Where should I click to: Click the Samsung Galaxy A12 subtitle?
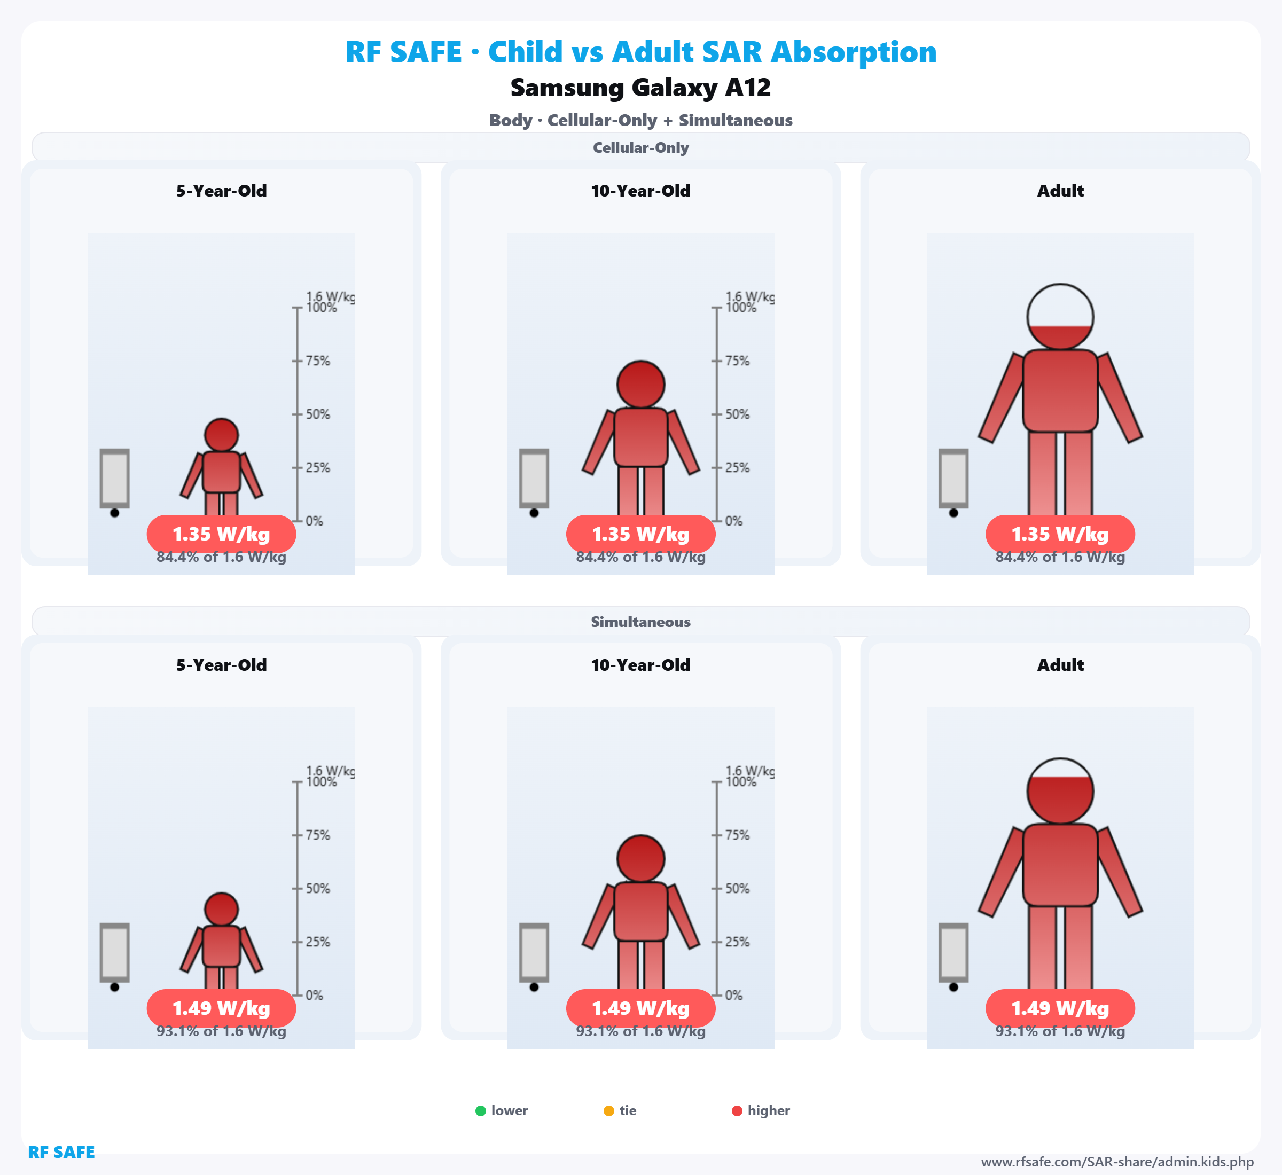[x=640, y=88]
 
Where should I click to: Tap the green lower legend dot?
[x=481, y=1111]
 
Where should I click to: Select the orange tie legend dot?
[x=608, y=1111]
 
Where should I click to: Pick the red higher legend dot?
[x=737, y=1111]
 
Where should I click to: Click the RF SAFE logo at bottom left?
[x=61, y=1152]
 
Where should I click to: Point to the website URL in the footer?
[x=1117, y=1162]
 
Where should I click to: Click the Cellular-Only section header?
[x=640, y=147]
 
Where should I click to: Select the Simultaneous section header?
[x=640, y=622]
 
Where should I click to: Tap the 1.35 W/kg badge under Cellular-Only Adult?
[x=1060, y=534]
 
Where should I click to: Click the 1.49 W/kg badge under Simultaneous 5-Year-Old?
[x=221, y=1008]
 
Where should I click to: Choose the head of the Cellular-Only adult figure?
[x=1060, y=317]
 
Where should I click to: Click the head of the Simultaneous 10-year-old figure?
[x=640, y=858]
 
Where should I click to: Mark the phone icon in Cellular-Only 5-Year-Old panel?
[x=114, y=479]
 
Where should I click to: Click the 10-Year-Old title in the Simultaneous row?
[x=640, y=665]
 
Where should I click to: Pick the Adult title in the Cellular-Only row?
[x=1060, y=191]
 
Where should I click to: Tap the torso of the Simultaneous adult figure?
[x=1060, y=865]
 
